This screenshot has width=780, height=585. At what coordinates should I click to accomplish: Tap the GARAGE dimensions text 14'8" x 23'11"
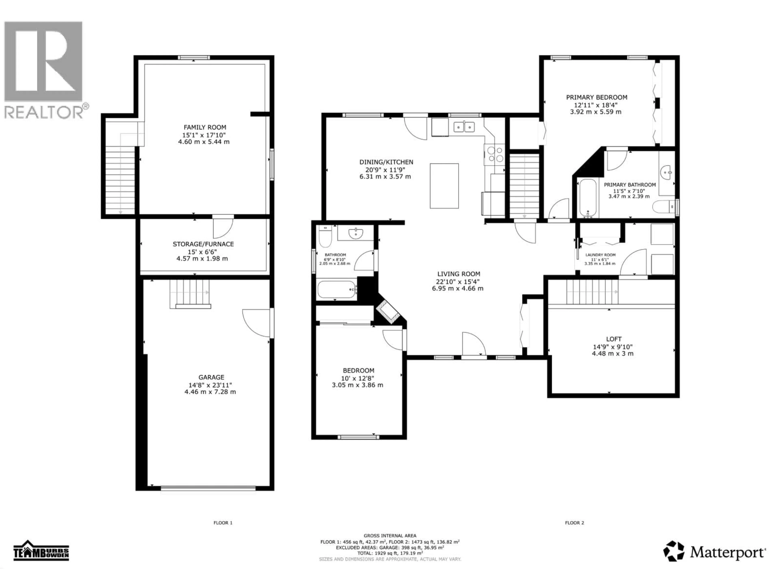pos(210,385)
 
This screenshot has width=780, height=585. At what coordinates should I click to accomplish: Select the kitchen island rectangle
pos(444,186)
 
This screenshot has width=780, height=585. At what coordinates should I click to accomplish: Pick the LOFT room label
pos(614,339)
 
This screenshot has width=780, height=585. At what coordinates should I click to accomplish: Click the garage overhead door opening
pos(208,488)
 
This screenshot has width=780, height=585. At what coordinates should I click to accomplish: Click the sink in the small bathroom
pos(356,233)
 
